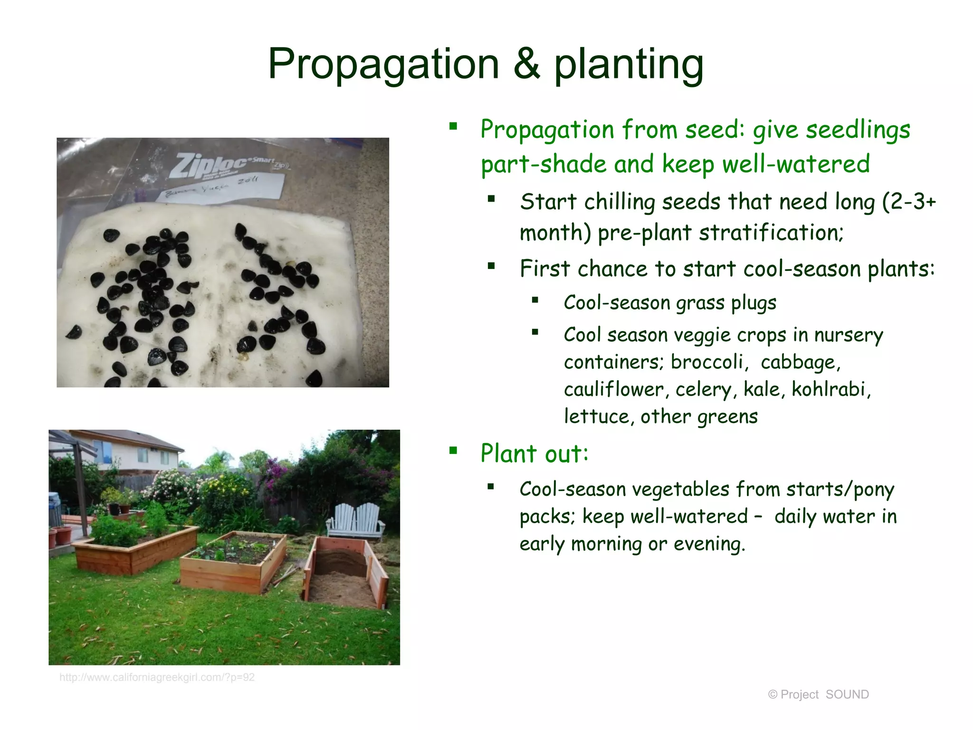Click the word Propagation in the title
click(383, 65)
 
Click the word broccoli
click(707, 362)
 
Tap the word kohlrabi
click(831, 389)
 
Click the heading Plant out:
click(534, 453)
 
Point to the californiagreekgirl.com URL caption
click(157, 677)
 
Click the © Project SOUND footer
click(818, 694)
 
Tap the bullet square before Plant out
click(453, 450)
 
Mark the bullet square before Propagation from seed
click(453, 126)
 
